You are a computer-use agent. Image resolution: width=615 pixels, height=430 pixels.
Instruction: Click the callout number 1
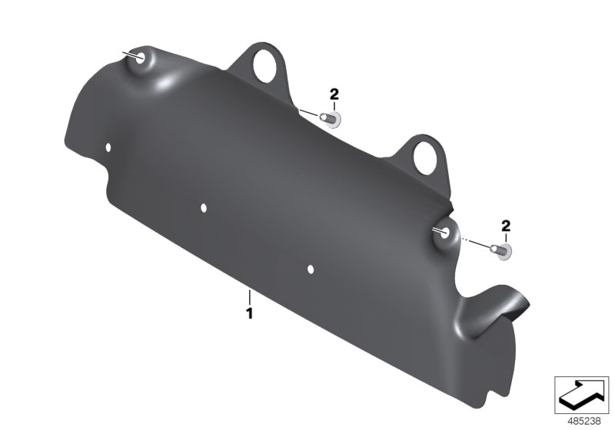coord(249,313)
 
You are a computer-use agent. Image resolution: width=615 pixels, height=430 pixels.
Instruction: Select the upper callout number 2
coord(334,94)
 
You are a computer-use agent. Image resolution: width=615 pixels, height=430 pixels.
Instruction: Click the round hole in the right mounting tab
coord(424,157)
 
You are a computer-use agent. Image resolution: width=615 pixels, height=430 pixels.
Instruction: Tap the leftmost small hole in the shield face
coord(109,147)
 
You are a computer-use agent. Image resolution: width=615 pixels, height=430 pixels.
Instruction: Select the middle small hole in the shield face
coord(204,207)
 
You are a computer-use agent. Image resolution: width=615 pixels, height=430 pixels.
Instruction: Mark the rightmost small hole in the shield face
coord(311,269)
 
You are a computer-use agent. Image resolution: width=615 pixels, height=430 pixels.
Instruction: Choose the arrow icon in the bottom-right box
coord(582,395)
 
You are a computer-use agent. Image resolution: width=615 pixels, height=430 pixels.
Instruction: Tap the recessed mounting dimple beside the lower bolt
coord(444,233)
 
